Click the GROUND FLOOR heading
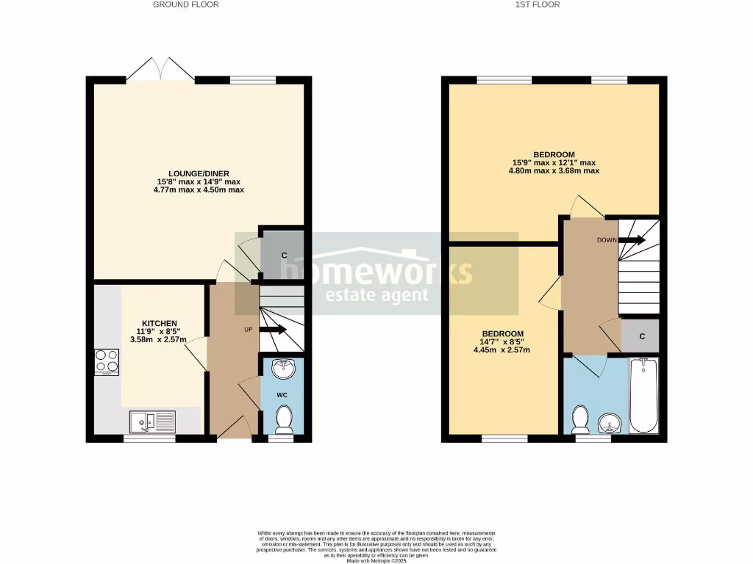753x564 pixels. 185,4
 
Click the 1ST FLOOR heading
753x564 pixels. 538,4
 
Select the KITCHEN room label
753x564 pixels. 158,323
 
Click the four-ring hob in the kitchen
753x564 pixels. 107,362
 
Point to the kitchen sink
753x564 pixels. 152,422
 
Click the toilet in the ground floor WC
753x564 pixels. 283,420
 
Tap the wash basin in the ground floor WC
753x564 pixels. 283,368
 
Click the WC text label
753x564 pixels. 282,395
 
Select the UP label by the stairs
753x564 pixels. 249,329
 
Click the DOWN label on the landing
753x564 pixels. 607,240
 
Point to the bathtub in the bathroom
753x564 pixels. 645,395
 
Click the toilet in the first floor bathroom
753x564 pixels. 580,419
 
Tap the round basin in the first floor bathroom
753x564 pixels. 610,422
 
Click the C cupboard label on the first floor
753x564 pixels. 642,336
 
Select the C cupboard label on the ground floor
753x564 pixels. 284,255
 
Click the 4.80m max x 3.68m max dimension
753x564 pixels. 554,170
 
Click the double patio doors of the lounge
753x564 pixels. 161,70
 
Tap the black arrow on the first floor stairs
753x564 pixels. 633,239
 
